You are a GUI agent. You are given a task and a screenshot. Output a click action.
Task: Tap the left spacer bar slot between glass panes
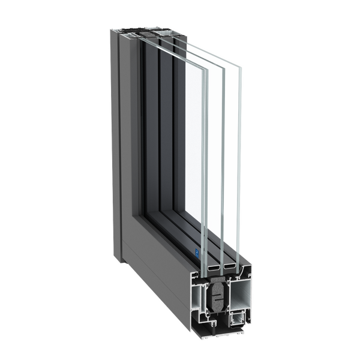tap(213, 265)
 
